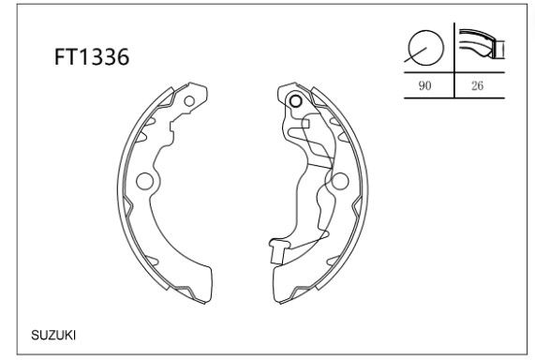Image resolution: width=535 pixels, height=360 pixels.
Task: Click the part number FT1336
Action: click(x=92, y=56)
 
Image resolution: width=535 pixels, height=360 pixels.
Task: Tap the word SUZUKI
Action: click(x=53, y=336)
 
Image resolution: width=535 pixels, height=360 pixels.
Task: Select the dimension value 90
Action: click(x=424, y=85)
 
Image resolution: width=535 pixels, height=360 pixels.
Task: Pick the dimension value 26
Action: click(x=477, y=85)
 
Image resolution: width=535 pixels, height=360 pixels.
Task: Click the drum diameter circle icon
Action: click(x=425, y=48)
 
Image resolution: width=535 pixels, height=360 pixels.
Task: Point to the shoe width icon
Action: click(x=482, y=44)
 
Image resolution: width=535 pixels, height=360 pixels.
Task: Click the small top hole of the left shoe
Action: click(x=189, y=101)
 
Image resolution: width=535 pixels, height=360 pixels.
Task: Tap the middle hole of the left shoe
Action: click(x=144, y=181)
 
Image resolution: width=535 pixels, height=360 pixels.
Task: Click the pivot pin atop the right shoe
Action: click(x=295, y=100)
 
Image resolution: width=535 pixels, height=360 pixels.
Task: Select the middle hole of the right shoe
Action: click(x=339, y=181)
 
